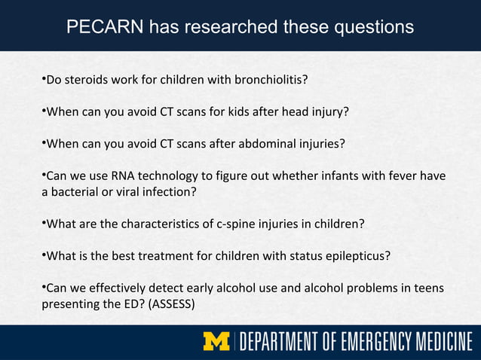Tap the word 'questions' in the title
[x=367, y=27]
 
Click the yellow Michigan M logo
[x=217, y=341]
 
